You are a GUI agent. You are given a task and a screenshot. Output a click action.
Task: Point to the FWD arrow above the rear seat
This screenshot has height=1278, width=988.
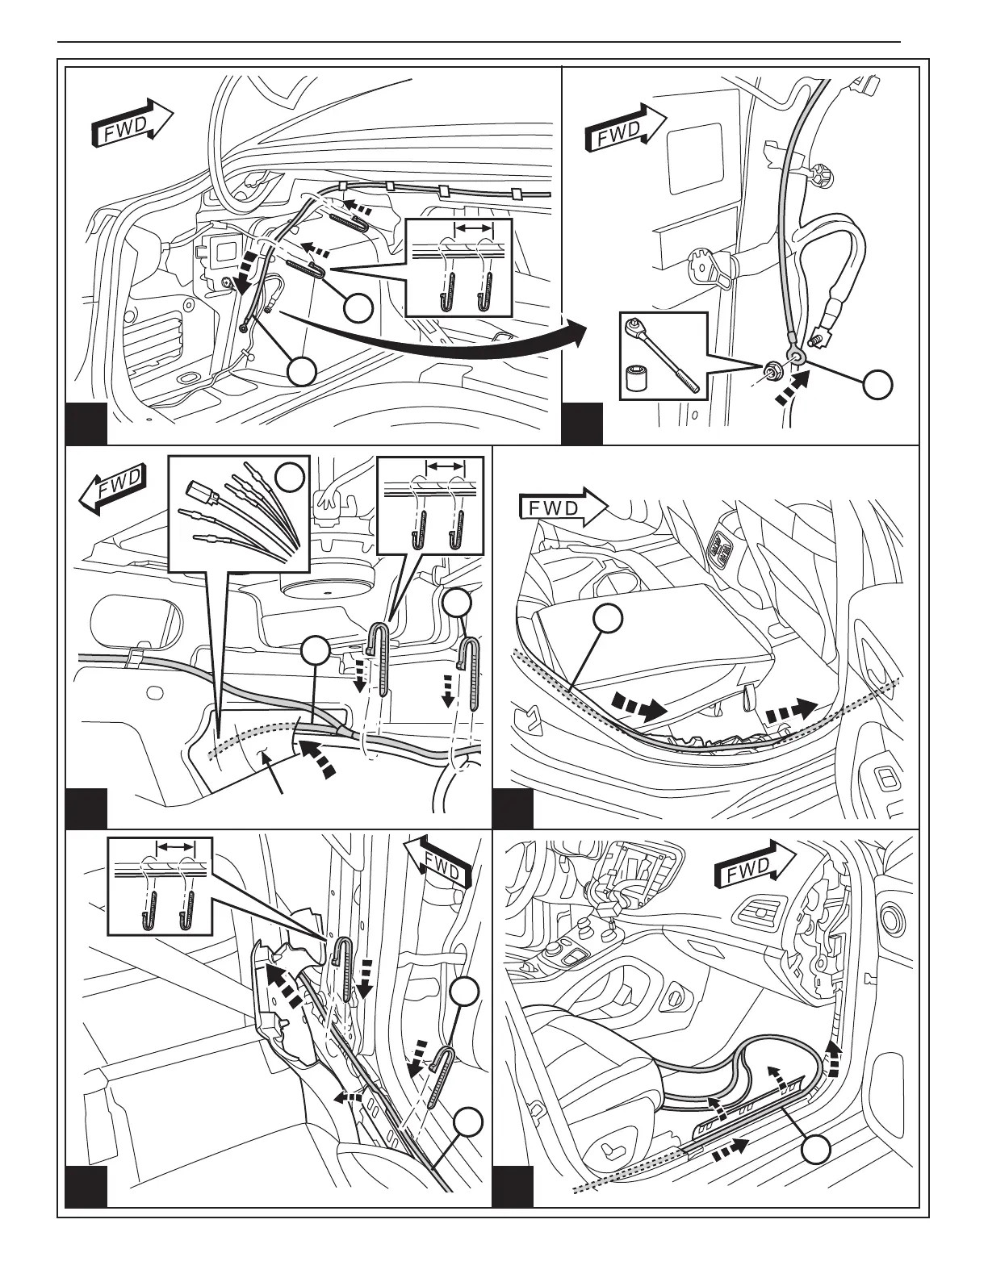(562, 508)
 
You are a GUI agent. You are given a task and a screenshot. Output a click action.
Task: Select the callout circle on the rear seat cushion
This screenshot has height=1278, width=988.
(608, 619)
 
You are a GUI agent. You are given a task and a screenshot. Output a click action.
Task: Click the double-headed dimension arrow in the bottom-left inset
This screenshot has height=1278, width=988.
(176, 847)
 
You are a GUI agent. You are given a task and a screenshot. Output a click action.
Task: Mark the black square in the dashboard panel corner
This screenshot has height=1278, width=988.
(513, 1187)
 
